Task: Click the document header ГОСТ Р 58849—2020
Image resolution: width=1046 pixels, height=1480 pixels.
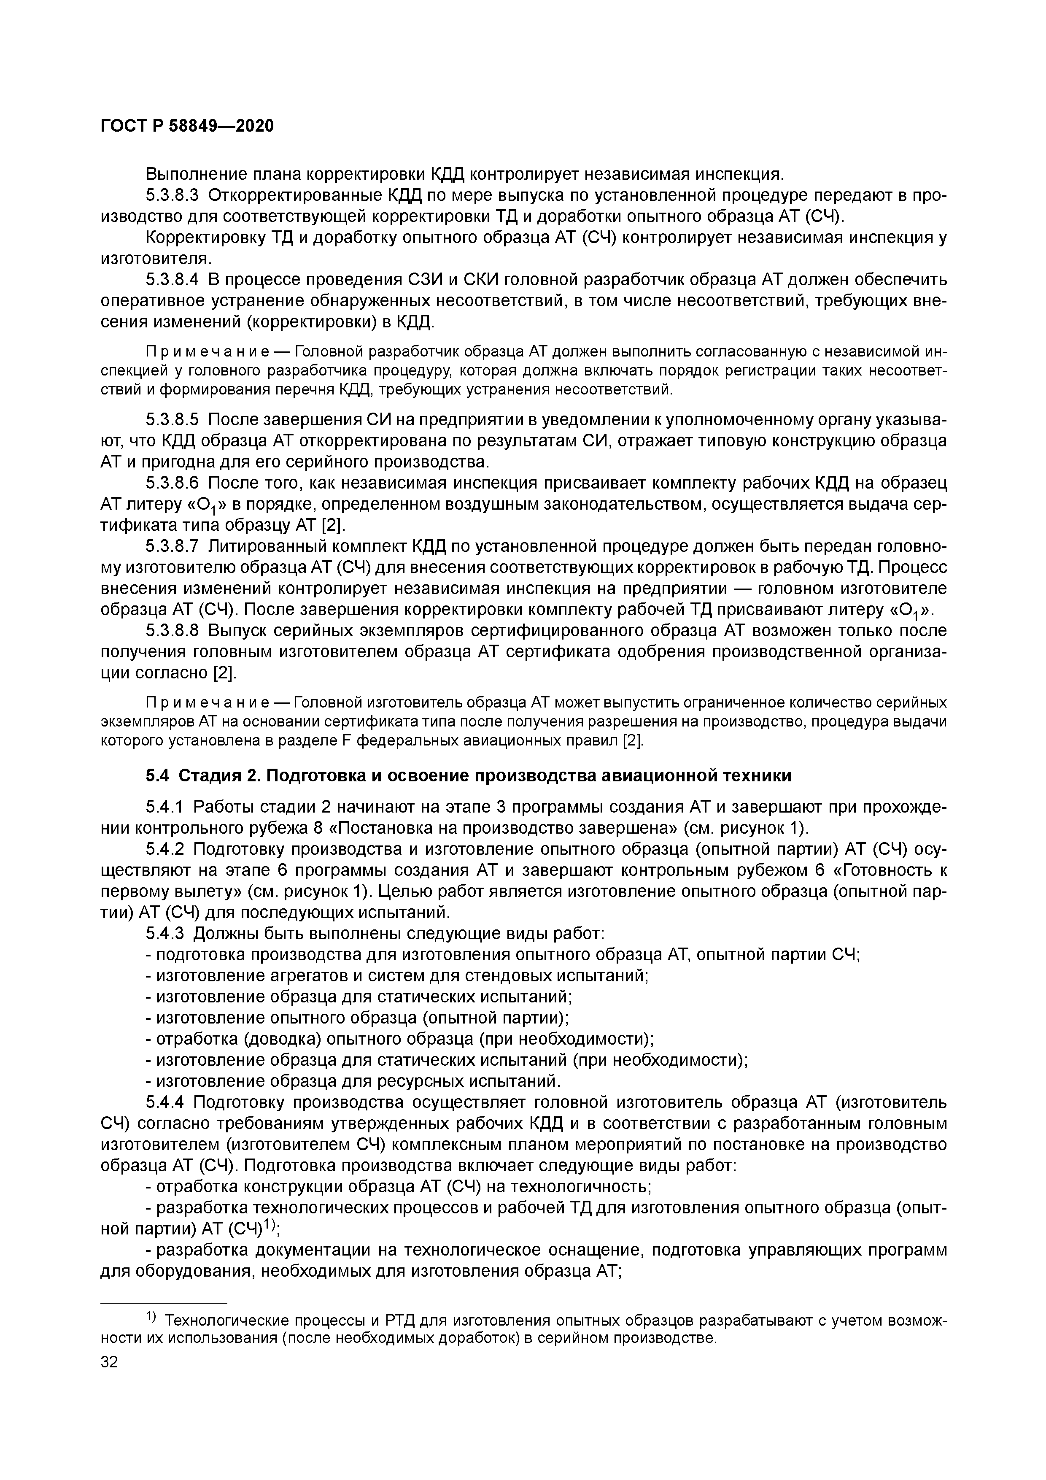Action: click(x=187, y=126)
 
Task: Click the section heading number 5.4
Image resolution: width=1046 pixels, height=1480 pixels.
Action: click(x=158, y=775)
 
